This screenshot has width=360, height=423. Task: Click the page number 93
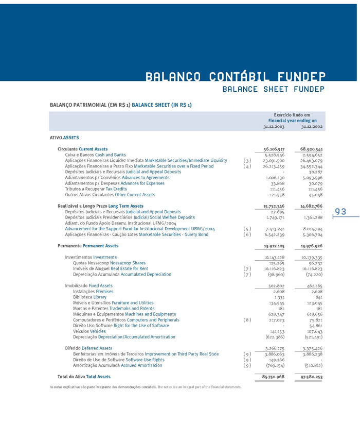click(340, 212)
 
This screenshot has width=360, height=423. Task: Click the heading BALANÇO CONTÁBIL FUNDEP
click(235, 77)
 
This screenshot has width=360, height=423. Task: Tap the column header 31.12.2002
click(312, 126)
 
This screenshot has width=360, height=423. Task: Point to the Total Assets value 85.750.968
click(274, 377)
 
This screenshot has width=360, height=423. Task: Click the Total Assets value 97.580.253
click(312, 377)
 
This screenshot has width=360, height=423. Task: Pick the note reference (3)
click(247, 160)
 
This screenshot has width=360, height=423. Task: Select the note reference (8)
click(247, 320)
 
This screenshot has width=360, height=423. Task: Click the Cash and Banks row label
click(95, 155)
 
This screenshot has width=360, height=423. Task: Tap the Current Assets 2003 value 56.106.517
click(274, 149)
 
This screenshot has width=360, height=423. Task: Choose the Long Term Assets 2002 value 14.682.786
click(312, 206)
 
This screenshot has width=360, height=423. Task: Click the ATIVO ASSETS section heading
click(64, 138)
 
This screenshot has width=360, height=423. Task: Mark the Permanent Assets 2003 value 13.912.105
click(274, 246)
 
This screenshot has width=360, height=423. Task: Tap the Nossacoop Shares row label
click(109, 263)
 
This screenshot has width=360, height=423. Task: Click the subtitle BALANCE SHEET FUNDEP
click(273, 89)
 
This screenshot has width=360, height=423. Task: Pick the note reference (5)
click(247, 229)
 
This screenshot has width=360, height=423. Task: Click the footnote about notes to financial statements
click(146, 386)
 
